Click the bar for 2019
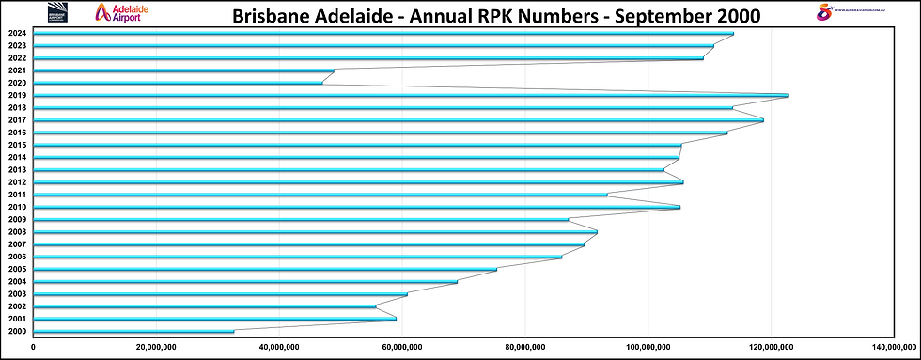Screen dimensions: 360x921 (x=411, y=95)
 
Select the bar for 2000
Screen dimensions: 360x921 (x=133, y=331)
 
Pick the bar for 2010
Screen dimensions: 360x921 (x=356, y=207)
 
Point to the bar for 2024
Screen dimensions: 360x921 (x=382, y=34)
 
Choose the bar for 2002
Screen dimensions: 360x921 (x=204, y=306)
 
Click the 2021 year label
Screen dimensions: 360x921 (x=17, y=70)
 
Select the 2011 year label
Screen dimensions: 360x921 (x=17, y=195)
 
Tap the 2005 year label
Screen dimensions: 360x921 (x=17, y=269)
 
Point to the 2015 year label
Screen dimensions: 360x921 (x=17, y=145)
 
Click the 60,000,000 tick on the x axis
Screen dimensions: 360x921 (x=402, y=347)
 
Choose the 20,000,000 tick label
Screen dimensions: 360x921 (x=156, y=347)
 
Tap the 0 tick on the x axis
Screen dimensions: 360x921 (x=34, y=347)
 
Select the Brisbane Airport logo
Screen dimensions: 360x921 (x=59, y=12)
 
